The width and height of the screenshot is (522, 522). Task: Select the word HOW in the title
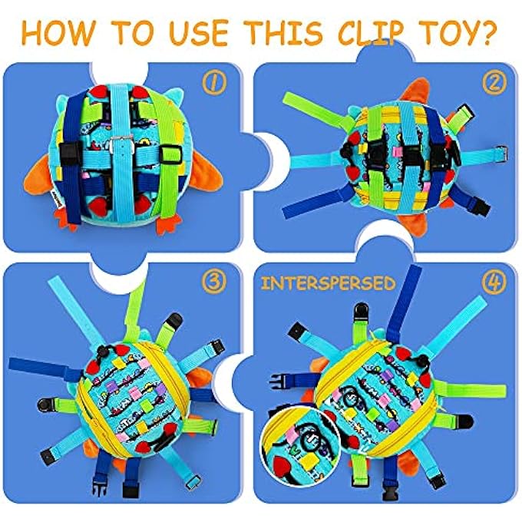pyautogui.click(x=64, y=33)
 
